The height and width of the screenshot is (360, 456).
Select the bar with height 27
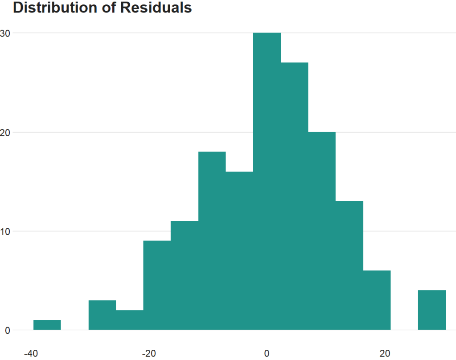294,196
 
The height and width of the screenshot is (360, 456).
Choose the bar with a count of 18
212,241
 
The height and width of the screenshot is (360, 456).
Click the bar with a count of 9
157,286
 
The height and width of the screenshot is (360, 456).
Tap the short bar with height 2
130,320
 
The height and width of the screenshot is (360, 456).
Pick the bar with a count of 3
102,315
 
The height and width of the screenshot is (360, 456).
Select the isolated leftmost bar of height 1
47,325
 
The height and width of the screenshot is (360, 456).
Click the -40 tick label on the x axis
30,354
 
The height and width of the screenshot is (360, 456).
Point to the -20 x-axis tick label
149,354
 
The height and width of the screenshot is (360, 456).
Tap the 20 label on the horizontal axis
385,354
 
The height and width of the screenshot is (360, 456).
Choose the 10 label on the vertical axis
5,231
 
